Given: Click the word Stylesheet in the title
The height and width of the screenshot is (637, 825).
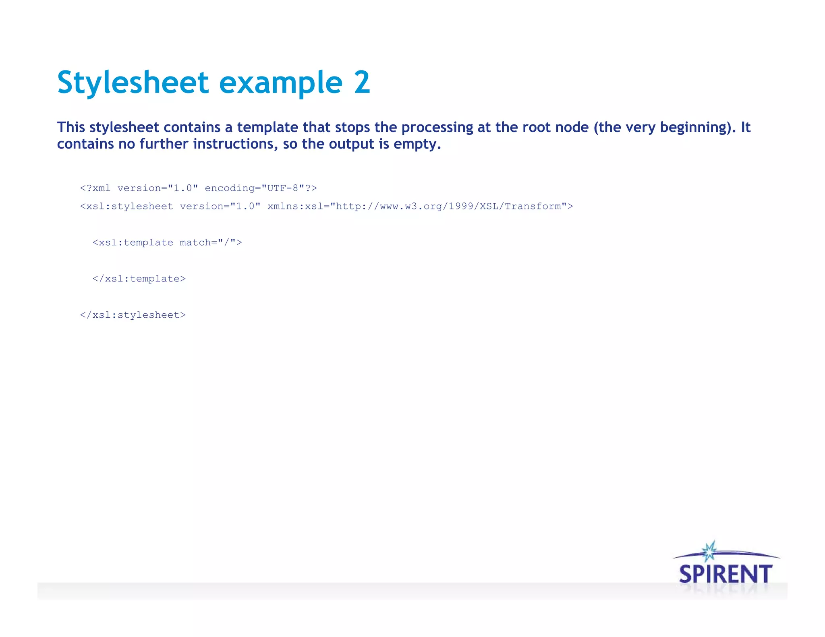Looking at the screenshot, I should click(x=133, y=83).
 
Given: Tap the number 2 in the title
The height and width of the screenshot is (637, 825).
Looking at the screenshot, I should click(x=362, y=83).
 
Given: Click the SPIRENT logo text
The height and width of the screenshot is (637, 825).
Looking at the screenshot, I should click(x=726, y=574).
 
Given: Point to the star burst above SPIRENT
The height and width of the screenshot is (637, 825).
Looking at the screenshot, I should click(x=709, y=551).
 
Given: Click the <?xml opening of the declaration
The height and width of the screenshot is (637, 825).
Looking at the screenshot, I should click(x=95, y=188).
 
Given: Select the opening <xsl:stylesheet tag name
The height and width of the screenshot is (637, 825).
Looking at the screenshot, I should click(x=127, y=206).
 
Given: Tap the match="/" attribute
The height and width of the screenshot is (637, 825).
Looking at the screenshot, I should click(x=211, y=242).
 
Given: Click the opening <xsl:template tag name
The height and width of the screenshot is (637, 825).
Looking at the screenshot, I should click(x=133, y=242).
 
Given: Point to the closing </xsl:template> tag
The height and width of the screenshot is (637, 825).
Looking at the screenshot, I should click(x=139, y=279).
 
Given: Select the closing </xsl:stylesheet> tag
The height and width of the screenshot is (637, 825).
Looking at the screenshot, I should click(x=133, y=315).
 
